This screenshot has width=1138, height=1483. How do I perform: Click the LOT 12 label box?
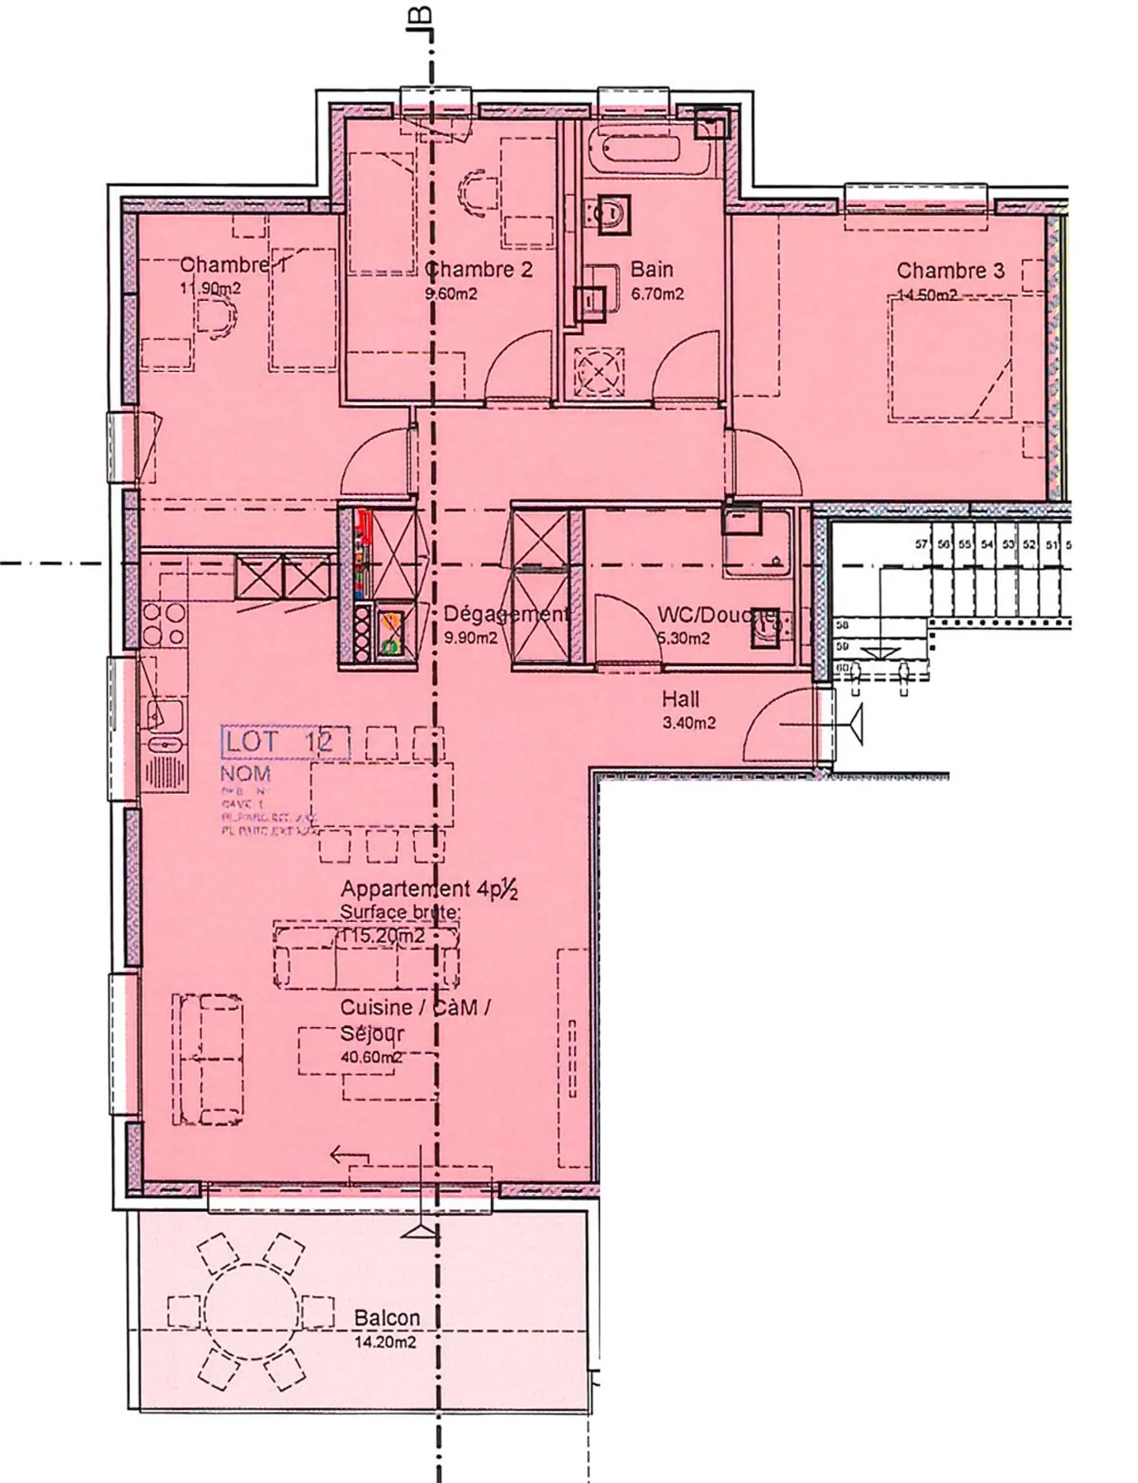tap(284, 741)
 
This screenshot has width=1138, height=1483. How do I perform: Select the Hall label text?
tap(680, 698)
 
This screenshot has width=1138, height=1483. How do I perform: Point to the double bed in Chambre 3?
tap(950, 360)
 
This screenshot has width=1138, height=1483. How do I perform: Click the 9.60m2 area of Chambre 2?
tap(450, 294)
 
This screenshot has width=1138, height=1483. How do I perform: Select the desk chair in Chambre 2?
tap(479, 192)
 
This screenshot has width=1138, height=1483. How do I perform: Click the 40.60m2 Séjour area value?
tap(371, 1057)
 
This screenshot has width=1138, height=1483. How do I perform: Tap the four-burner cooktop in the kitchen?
tap(164, 625)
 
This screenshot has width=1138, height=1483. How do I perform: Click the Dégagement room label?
tap(506, 614)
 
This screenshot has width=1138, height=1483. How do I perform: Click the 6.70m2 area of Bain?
tap(657, 294)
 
